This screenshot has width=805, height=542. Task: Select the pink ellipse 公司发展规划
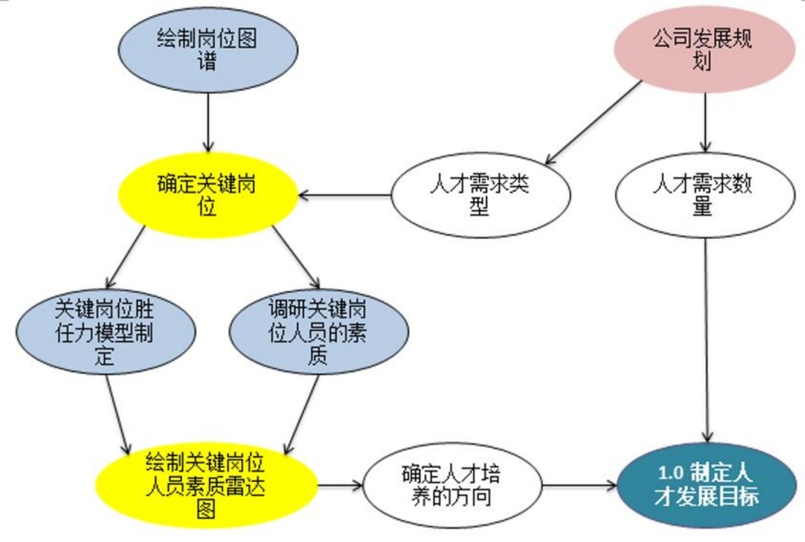coord(703,49)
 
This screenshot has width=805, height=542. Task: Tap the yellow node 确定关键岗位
coord(209,195)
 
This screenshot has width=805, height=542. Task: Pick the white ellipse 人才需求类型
coord(480,195)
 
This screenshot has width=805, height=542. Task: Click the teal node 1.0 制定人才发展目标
coord(706,485)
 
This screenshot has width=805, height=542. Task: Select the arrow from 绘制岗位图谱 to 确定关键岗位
coord(208,124)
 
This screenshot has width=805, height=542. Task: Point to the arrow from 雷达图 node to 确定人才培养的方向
coord(340,485)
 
